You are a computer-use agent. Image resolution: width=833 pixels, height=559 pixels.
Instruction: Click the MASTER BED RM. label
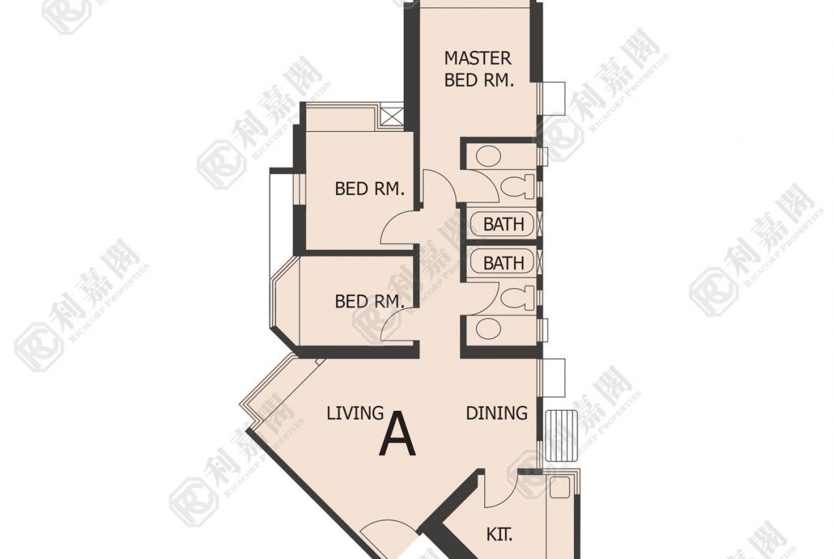478,68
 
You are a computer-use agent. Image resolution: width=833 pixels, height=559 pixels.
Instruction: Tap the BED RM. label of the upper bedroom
370,189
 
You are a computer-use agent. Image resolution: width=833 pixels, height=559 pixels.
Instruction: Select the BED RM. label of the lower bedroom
370,302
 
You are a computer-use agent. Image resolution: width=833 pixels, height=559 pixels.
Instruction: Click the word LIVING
355,413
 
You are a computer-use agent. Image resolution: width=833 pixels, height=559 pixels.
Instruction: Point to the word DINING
497,413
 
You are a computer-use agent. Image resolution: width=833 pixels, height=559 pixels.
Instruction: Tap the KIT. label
499,534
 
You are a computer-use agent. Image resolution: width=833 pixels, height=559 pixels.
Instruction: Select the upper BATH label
503,224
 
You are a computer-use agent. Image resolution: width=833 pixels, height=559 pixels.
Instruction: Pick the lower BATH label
503,263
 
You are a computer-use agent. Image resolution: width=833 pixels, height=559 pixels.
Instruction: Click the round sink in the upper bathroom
488,156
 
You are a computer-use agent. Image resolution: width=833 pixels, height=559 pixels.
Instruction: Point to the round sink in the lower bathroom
488,329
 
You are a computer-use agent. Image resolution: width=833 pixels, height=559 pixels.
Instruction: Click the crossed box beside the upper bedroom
391,116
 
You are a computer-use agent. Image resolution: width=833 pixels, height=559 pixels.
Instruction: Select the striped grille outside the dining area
561,435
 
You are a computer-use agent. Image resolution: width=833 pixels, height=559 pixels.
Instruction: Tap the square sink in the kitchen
560,488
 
